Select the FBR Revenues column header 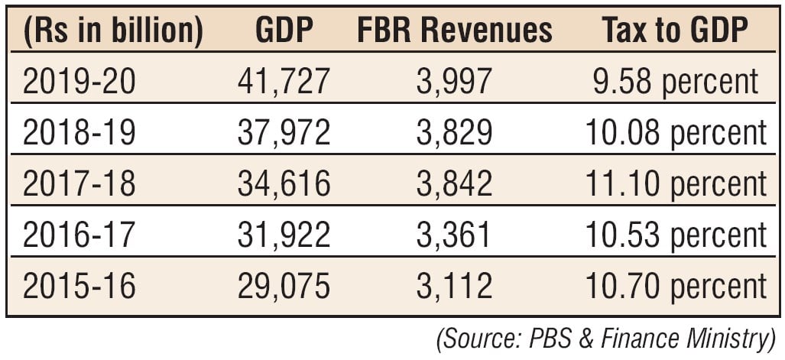pyautogui.click(x=454, y=31)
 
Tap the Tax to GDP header pyautogui.click(x=672, y=31)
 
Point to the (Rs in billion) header pyautogui.click(x=113, y=31)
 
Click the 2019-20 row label pyautogui.click(x=79, y=82)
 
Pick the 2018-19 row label pyautogui.click(x=79, y=132)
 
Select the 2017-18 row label pyautogui.click(x=79, y=183)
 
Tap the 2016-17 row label pyautogui.click(x=79, y=235)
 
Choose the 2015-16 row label pyautogui.click(x=79, y=286)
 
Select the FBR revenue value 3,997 pyautogui.click(x=454, y=82)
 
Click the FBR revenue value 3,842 pyautogui.click(x=454, y=183)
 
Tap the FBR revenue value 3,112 pyautogui.click(x=454, y=286)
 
